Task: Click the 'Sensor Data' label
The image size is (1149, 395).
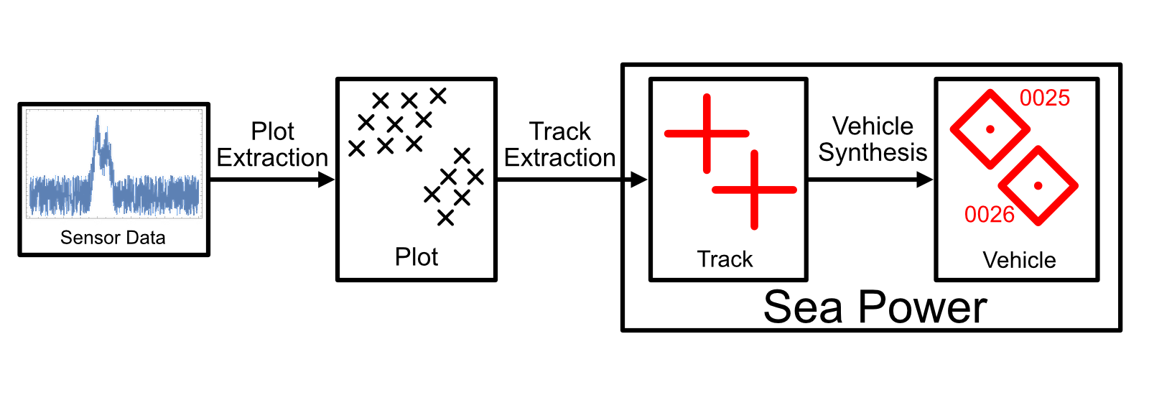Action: pos(113,238)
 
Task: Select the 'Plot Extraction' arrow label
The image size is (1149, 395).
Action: pos(272,144)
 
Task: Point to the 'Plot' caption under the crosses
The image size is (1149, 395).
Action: pos(417,257)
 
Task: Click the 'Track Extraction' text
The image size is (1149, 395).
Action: pos(559,144)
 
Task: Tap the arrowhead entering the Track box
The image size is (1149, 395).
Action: pos(638,180)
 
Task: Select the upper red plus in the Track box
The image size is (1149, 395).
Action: pos(707,134)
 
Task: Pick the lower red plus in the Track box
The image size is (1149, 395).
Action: pos(754,190)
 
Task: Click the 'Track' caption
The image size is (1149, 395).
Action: pos(725,259)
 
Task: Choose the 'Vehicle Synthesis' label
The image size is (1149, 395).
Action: pos(873,139)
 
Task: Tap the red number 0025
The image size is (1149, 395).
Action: pos(1045,98)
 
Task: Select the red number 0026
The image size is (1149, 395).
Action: pos(989,214)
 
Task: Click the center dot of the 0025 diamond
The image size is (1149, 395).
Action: pos(990,129)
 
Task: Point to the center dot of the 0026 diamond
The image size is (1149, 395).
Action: pos(1038,185)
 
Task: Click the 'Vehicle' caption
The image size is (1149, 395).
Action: pos(1019,260)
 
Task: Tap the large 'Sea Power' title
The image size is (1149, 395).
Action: pos(875,307)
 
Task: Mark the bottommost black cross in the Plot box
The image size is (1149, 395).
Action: pos(445,218)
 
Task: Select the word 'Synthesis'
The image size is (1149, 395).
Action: pos(873,152)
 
